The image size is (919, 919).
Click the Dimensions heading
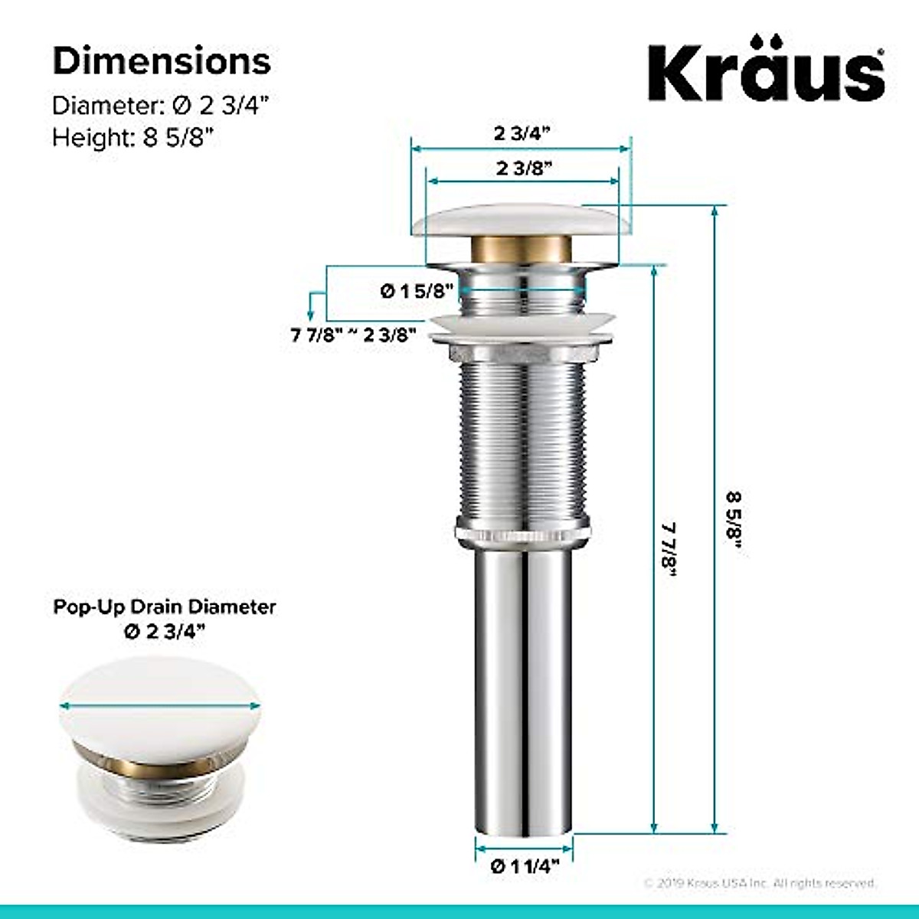[x=162, y=61]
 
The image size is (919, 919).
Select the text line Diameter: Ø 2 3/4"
[x=161, y=105]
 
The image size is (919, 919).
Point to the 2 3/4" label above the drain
[x=522, y=133]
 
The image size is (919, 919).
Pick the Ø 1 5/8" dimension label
[x=417, y=291]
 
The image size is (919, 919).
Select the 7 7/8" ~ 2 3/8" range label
[x=354, y=335]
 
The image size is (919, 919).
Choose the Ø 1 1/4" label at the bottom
[x=525, y=866]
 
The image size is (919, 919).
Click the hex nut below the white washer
[x=524, y=355]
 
